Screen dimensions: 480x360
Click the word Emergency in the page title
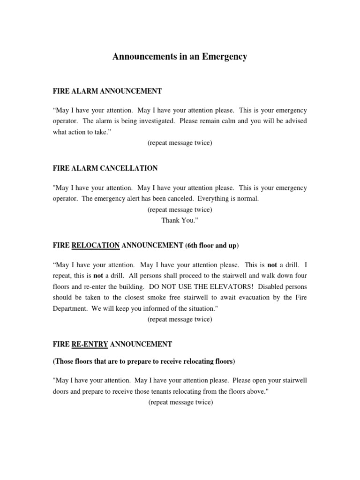222,57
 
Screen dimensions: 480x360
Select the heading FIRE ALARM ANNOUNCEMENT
107,91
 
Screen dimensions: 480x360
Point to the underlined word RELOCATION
96,245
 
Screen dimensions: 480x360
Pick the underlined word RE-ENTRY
90,344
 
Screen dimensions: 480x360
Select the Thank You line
180,220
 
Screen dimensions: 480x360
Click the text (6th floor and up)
212,245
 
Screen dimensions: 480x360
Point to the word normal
247,198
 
